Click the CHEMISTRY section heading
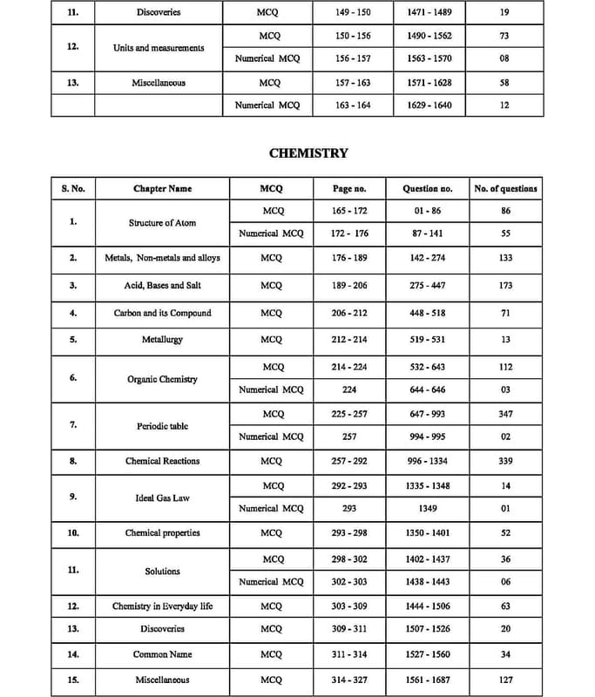click(x=308, y=152)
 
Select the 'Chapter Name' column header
click(x=163, y=188)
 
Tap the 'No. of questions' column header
click(x=505, y=188)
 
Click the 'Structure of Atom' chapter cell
click(x=163, y=222)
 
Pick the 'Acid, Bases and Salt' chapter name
click(x=163, y=285)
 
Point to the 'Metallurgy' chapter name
click(x=163, y=339)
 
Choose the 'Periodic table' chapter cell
click(x=163, y=426)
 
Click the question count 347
click(x=505, y=414)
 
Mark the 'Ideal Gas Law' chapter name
click(x=163, y=497)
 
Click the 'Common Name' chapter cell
click(x=163, y=653)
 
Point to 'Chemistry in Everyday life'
click(x=163, y=606)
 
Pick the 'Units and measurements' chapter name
click(x=159, y=48)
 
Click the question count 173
click(x=505, y=285)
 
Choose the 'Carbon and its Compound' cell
click(x=163, y=313)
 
